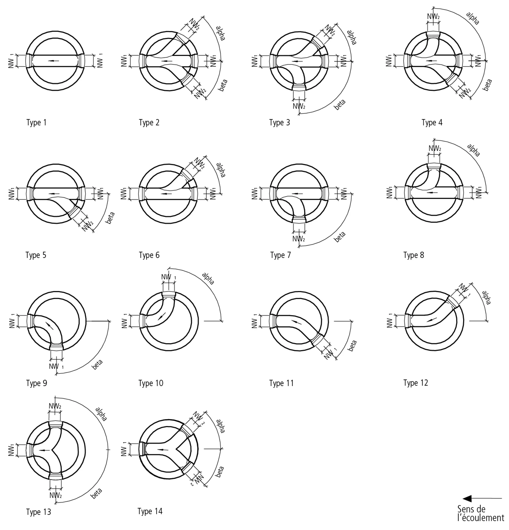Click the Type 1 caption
37,123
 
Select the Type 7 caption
280,255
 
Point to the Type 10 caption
151,383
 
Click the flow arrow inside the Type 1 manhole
54,61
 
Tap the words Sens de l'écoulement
481,513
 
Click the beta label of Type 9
97,364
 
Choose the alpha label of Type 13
101,414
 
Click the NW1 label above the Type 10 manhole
169,277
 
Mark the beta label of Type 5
110,218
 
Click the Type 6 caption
149,255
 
